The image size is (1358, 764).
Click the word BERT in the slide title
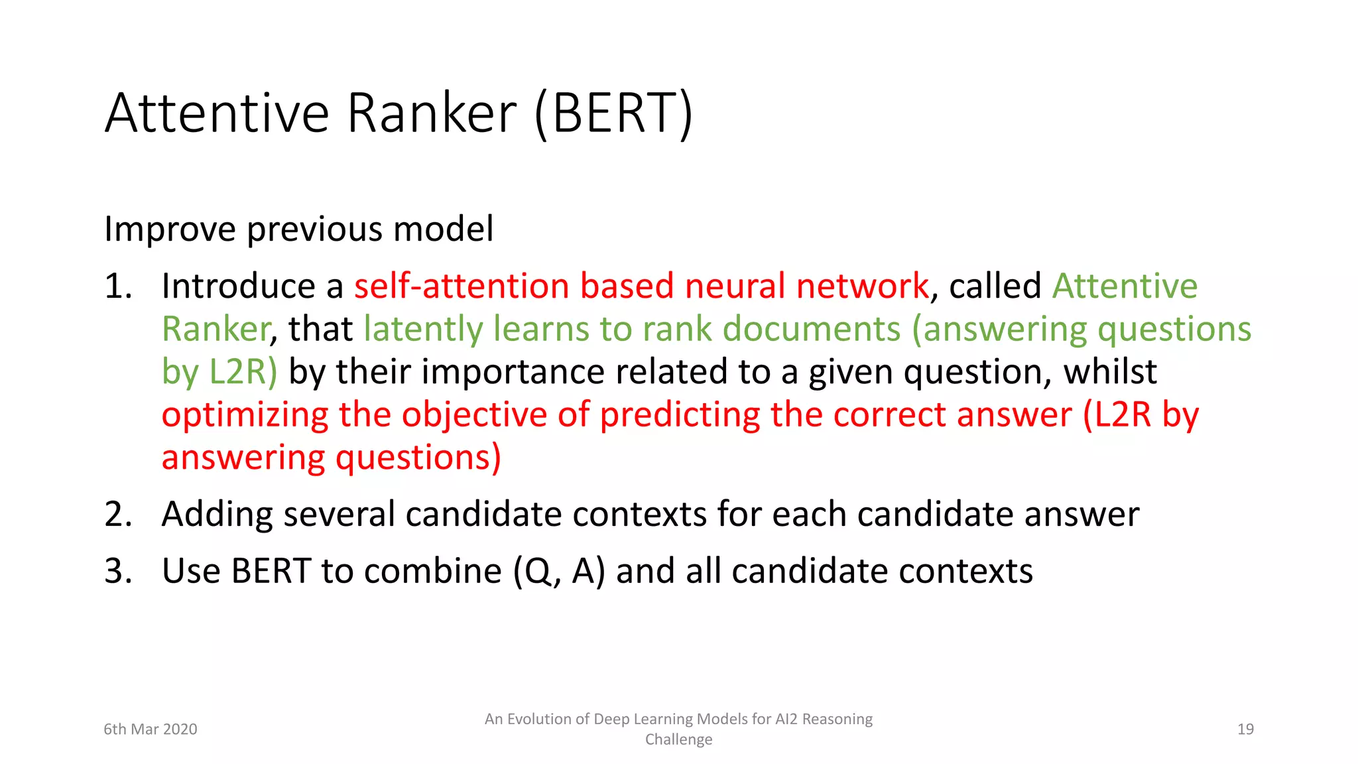614,113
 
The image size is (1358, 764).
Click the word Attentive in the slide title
217,113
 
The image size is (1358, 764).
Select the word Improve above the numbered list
170,229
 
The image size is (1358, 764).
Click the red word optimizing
245,415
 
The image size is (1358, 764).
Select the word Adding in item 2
217,515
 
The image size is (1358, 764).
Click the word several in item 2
339,515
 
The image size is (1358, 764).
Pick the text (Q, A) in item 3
559,571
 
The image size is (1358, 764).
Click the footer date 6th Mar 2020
151,730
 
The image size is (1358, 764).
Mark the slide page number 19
1245,730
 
